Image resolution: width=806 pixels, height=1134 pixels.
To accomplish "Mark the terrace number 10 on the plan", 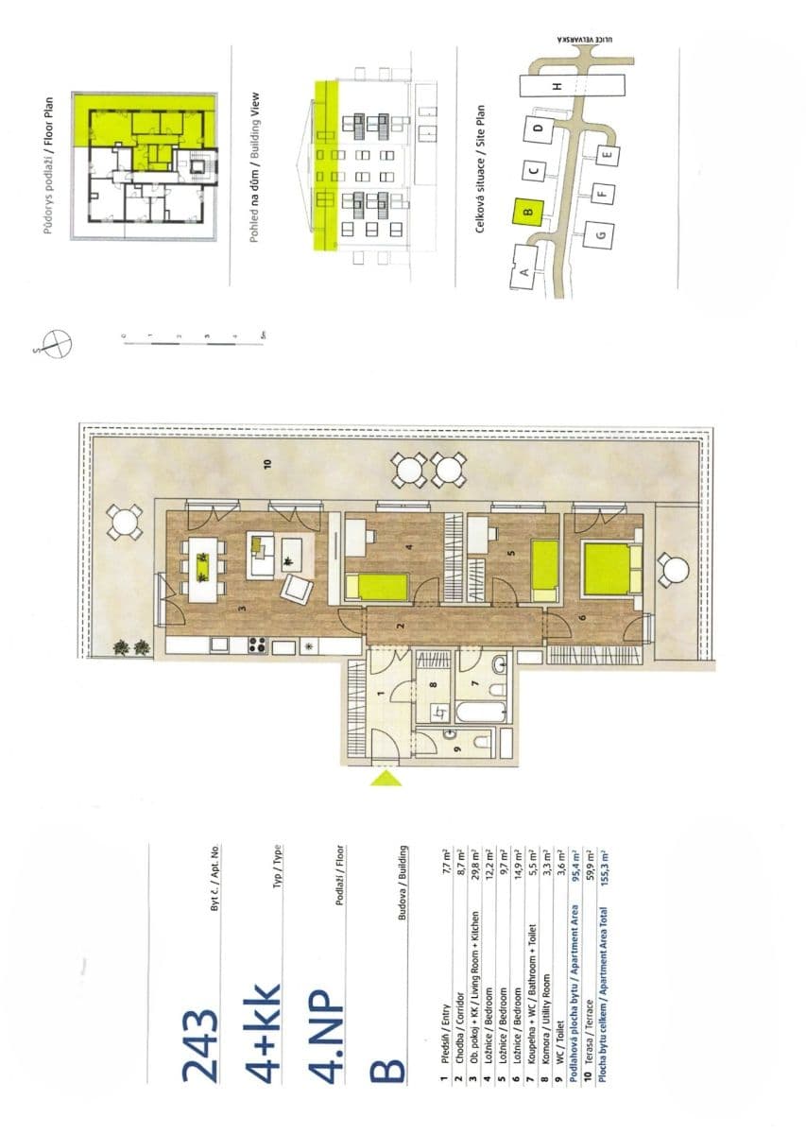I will pos(267,463).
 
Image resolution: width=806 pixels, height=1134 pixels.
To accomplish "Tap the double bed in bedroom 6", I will pos(606,569).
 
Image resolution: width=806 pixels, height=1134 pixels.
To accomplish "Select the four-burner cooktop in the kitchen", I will pos(256,646).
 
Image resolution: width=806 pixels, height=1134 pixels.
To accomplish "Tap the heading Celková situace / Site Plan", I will pos(480,169).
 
